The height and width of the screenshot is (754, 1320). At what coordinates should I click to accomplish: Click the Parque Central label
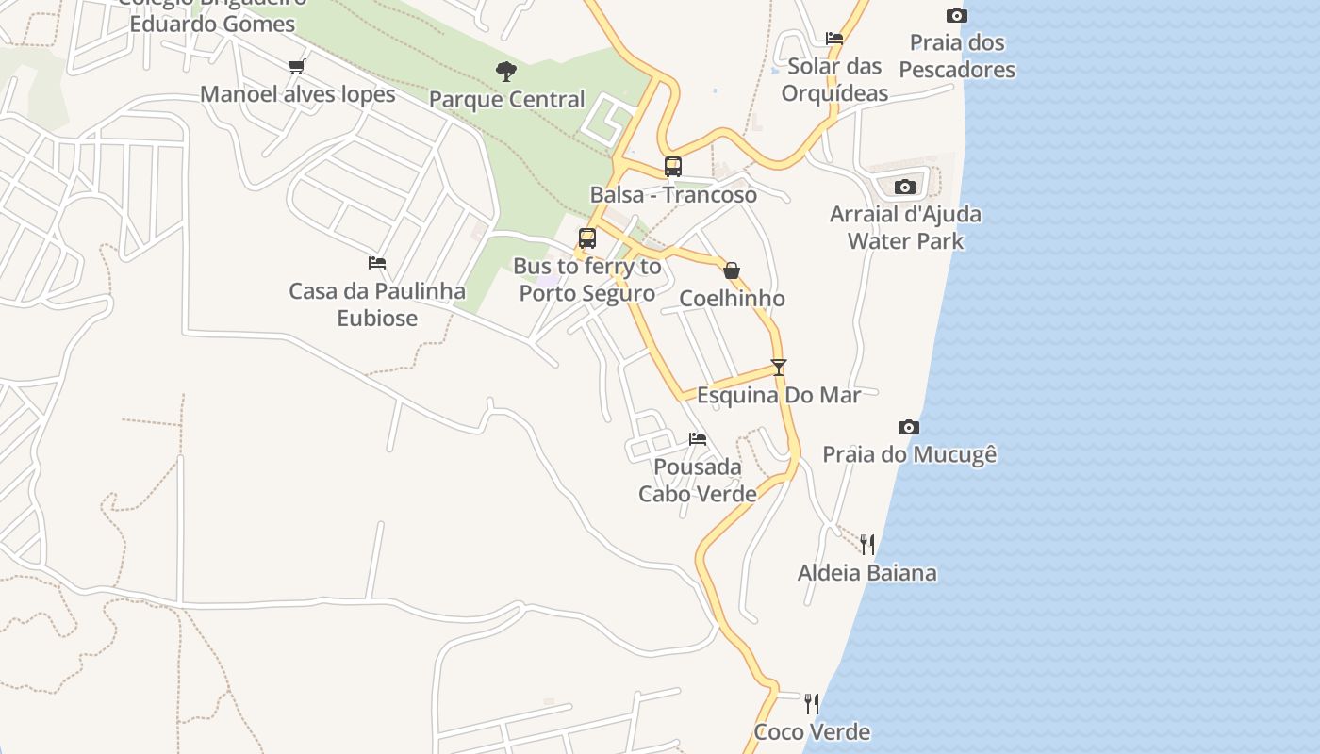coord(507,99)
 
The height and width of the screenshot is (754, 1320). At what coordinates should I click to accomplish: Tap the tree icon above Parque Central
coord(506,71)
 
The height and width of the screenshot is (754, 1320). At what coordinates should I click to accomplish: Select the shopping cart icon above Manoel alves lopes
coord(297,66)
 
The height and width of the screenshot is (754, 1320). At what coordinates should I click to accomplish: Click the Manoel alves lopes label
coord(297,94)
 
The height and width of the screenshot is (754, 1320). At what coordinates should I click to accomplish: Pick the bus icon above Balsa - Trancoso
coord(673,167)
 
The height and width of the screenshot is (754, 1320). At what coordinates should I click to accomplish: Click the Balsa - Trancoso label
coord(673,195)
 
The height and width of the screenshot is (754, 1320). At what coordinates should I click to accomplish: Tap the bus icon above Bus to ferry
coord(587,238)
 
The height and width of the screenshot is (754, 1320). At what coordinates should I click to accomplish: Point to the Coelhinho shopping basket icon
coord(732,270)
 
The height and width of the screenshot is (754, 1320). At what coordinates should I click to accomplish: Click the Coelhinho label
coord(732,299)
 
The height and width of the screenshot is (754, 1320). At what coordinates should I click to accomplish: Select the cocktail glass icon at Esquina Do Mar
coord(778,367)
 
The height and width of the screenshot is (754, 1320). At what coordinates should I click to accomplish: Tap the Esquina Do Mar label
coord(778,395)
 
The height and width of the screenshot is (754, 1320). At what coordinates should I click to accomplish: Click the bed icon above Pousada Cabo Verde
coord(698,438)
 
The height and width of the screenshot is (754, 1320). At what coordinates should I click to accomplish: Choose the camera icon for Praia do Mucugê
coord(909,427)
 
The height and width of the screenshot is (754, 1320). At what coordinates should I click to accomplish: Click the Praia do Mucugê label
coord(909,454)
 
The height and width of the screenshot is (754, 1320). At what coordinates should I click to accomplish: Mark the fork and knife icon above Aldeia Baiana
coord(867,544)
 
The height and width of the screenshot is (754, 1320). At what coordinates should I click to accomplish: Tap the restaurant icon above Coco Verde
coord(812,703)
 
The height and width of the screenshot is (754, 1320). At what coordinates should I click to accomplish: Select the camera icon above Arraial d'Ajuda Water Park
coord(905,187)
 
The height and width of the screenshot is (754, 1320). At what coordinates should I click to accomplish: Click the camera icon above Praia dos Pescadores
coord(957,15)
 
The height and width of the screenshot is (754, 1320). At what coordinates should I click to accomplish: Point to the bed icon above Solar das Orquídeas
coord(834,39)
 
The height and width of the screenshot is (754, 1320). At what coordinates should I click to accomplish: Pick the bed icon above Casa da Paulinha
coord(377,263)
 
